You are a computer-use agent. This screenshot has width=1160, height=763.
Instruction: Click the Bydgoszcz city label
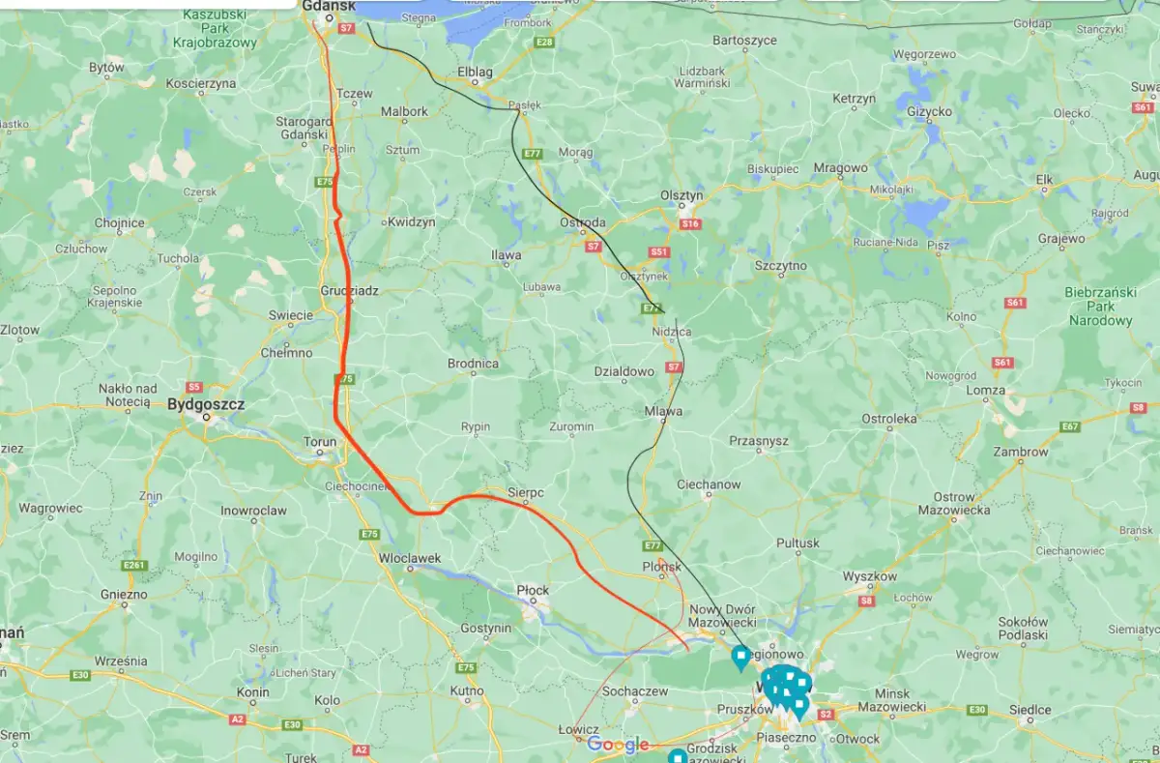(x=206, y=404)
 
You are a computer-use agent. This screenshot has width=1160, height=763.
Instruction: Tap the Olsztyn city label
(x=681, y=195)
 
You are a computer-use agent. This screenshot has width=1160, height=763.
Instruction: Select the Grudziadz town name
(x=349, y=290)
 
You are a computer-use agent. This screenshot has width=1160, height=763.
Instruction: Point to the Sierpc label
(x=526, y=492)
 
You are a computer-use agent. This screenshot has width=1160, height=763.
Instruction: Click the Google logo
(x=618, y=744)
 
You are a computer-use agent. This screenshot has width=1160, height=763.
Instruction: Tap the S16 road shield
(x=689, y=223)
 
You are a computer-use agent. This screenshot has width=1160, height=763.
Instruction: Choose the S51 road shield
(x=658, y=252)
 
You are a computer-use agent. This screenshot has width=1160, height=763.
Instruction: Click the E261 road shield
(x=133, y=565)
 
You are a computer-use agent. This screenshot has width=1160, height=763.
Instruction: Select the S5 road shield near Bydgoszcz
(x=193, y=386)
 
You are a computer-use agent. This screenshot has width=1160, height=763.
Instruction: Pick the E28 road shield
(x=544, y=43)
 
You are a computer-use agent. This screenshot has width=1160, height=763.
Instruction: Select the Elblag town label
(x=475, y=72)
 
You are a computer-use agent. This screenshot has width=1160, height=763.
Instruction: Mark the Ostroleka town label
(x=888, y=419)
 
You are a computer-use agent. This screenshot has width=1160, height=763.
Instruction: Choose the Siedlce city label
(x=1030, y=710)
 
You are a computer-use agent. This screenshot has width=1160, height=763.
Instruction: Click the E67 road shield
(x=1069, y=426)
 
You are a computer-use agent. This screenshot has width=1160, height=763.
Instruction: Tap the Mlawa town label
(x=663, y=411)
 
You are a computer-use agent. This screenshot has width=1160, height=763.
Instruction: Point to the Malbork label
(x=404, y=111)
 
